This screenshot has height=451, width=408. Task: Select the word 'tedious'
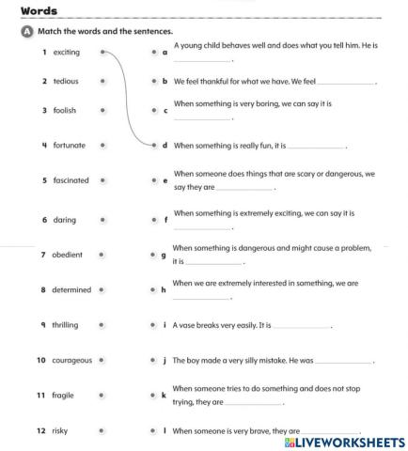66,82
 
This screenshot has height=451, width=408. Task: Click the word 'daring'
65,220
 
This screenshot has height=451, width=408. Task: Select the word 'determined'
72,289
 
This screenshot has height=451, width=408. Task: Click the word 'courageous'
73,360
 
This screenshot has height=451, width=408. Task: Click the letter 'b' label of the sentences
165,82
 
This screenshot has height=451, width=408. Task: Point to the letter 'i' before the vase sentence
165,324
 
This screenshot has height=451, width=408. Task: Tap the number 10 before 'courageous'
41,360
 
